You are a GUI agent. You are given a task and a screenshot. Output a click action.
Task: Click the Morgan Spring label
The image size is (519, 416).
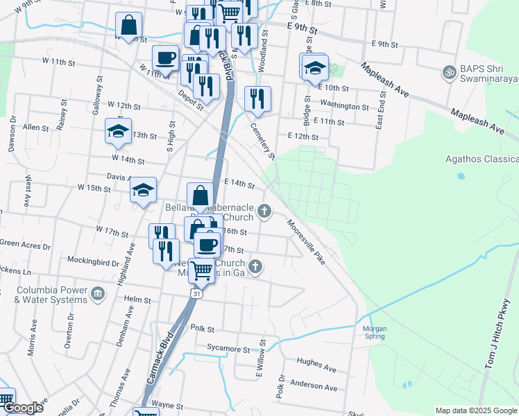coord(374,331)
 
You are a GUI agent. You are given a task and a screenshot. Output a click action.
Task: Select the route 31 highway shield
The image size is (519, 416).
coord(198,294)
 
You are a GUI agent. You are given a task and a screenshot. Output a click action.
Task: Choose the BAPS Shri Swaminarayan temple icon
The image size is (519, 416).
coord(449,71)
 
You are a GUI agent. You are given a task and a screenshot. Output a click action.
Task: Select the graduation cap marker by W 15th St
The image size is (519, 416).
coord(144,190)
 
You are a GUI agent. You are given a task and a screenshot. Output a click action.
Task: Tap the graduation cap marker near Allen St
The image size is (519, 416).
coord(118,130)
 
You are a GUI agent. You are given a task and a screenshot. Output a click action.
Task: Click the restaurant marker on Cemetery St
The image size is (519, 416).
coord(257,99)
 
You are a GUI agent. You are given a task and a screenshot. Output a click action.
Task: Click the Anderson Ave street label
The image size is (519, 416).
coord(314,384)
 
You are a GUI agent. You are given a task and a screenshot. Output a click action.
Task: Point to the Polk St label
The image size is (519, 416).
coord(203,328)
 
